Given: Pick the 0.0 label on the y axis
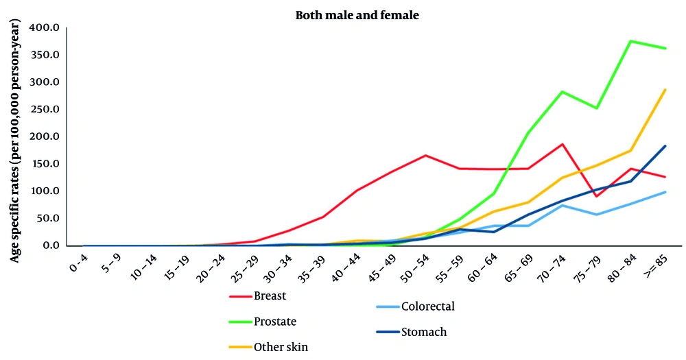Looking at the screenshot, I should pyautogui.click(x=52, y=245).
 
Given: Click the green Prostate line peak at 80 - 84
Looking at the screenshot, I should pyautogui.click(x=631, y=41).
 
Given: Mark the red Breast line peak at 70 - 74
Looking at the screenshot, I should pyautogui.click(x=563, y=144).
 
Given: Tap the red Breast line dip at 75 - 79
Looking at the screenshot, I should pyautogui.click(x=597, y=196).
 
